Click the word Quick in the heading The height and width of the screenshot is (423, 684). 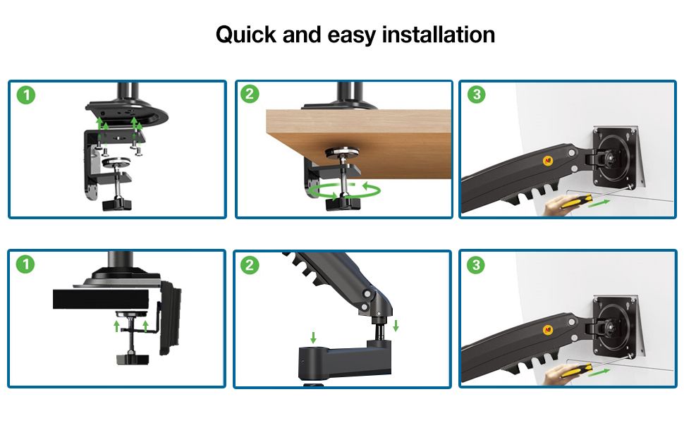[x=246, y=35]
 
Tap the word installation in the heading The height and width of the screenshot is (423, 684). [x=439, y=35]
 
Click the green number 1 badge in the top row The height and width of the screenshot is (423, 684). [x=25, y=94]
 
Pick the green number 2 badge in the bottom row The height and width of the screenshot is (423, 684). [x=250, y=264]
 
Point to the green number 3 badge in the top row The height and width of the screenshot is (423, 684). [x=477, y=94]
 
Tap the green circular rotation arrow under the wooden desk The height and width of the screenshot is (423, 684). [x=344, y=190]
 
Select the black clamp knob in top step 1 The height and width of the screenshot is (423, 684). [x=116, y=204]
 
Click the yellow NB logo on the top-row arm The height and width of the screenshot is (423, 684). [x=548, y=161]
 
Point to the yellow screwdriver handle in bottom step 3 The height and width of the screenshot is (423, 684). [x=576, y=370]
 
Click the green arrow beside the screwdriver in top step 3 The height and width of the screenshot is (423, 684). [x=599, y=203]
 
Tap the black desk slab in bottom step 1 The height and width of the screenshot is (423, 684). [x=101, y=299]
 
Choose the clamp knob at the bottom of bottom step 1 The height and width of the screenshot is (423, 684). [x=133, y=360]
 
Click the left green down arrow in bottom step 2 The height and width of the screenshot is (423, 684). [x=313, y=337]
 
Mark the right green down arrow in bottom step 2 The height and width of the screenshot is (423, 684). [x=396, y=325]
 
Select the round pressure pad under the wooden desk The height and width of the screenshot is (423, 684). [x=343, y=152]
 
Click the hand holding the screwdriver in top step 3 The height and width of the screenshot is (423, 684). [x=556, y=205]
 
